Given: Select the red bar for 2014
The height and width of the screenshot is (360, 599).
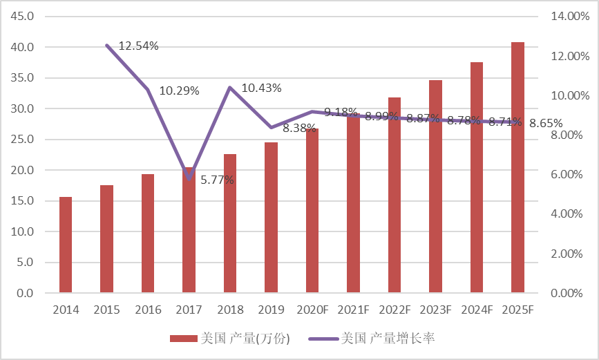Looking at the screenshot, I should coord(66,245).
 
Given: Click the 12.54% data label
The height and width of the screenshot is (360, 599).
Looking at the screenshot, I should coord(138,46).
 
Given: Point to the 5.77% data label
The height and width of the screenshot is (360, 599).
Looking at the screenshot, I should coord(217,180).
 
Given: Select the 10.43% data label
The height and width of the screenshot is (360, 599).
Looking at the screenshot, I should coord(261,88).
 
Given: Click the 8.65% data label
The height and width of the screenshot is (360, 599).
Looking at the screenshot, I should coord(546,123).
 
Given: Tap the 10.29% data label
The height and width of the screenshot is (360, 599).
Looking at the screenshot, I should coord(179,91).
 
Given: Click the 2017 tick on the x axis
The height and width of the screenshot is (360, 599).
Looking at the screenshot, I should coord(189,310).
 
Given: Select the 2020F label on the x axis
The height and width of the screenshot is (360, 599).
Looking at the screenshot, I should coord(312,310).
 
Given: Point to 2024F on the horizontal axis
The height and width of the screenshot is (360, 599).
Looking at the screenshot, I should coord(477,310).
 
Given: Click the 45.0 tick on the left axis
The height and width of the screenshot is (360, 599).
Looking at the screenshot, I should coord(21,17).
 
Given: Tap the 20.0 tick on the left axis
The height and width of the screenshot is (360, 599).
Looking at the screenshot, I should coord(21,170).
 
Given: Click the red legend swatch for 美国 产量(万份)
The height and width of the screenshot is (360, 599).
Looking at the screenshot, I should coord(184,339).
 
